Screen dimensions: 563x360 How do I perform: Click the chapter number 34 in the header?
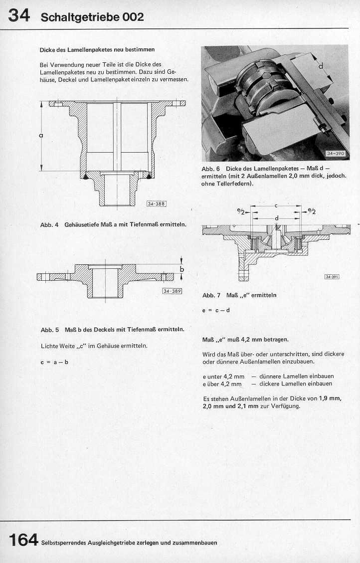click(19, 16)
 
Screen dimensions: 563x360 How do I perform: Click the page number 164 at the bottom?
click(23, 540)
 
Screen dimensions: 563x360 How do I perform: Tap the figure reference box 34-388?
click(156, 203)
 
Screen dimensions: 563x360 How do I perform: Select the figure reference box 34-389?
click(172, 291)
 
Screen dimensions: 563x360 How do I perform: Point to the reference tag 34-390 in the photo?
click(336, 154)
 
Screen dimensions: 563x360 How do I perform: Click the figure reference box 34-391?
click(332, 277)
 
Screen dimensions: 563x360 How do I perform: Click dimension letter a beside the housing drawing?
click(40, 135)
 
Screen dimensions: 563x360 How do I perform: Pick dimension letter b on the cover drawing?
click(182, 269)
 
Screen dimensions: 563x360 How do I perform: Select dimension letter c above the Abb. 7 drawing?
click(276, 205)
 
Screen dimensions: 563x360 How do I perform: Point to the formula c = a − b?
click(54, 362)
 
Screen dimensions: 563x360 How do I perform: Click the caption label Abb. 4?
click(49, 224)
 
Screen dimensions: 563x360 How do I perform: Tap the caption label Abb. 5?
click(50, 330)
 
